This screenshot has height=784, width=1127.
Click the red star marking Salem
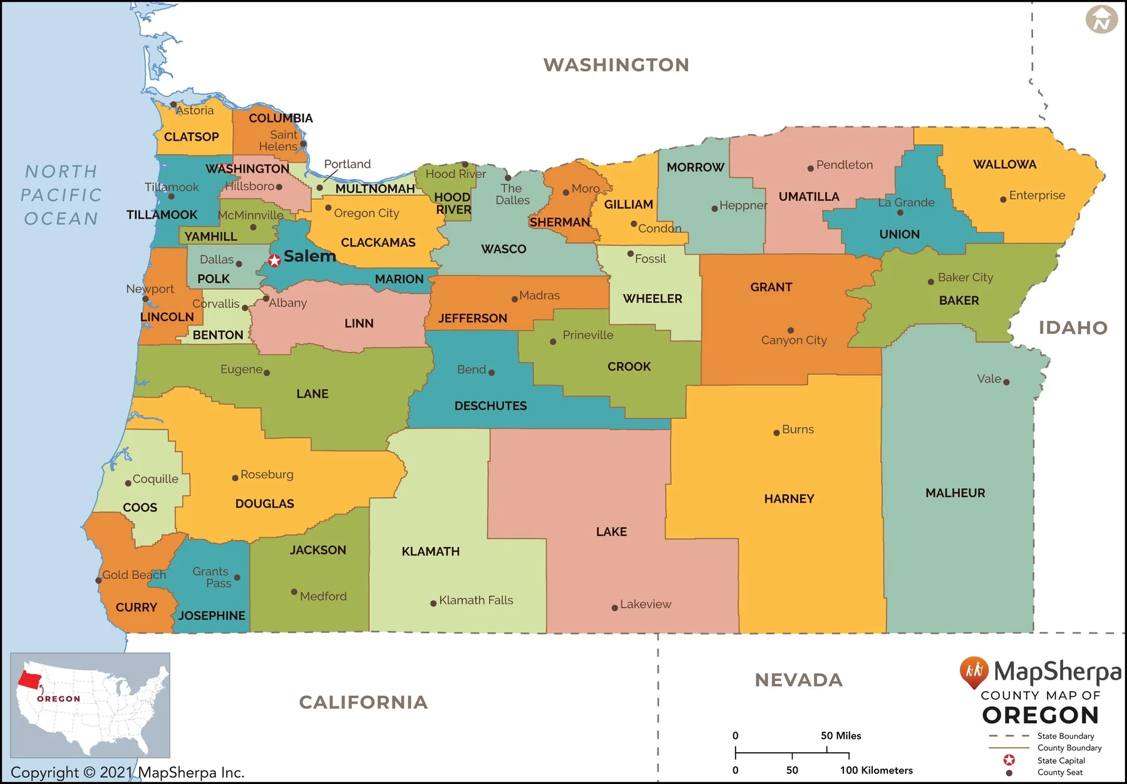[274, 260]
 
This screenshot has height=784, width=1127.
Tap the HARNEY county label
[789, 499]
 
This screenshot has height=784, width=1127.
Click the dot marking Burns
[776, 433]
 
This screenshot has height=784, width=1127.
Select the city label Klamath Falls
[476, 601]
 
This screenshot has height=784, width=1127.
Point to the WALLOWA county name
[1004, 165]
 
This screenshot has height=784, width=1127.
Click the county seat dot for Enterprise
[1003, 199]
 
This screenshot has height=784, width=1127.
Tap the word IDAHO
[1073, 328]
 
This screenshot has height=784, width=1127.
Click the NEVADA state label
[798, 680]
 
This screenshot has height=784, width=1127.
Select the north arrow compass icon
[1101, 20]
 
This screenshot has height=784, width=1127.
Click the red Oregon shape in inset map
[29, 679]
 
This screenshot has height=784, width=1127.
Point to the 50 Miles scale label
[840, 736]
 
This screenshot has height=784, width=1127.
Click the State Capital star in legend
[1009, 760]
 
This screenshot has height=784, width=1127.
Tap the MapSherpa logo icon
[974, 672]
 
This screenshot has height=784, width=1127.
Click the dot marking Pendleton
[810, 168]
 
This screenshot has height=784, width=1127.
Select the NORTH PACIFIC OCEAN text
[61, 195]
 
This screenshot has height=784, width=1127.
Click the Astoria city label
[195, 111]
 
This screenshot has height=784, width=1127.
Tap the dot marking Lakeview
[615, 608]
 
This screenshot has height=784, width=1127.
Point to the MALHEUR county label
[955, 493]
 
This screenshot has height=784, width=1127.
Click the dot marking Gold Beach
[98, 580]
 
